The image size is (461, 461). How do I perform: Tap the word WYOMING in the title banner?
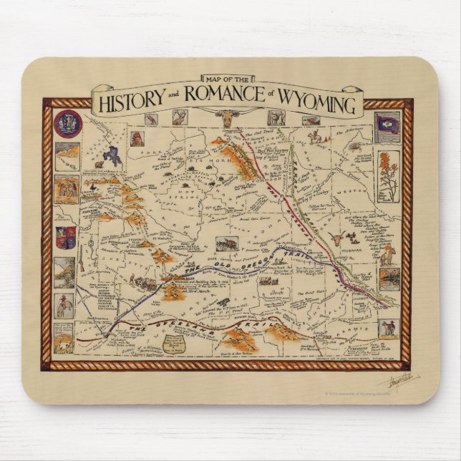tap(321, 105)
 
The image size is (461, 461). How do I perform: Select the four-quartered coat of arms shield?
tap(67, 237)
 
